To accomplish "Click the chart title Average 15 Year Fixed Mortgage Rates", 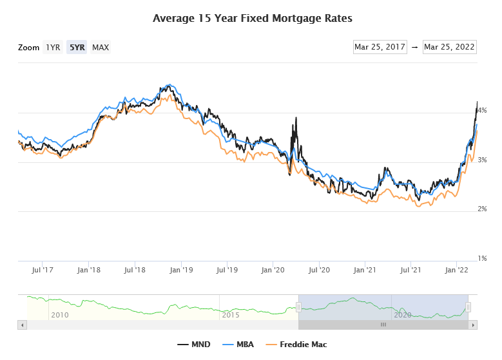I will click(252, 18).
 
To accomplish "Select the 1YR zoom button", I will click(53, 48).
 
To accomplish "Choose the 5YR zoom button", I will click(77, 48).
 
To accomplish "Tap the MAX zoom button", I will click(101, 48).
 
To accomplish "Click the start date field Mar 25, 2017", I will click(380, 47).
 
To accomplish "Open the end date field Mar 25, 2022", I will click(449, 47).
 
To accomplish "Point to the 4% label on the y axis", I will click(481, 110).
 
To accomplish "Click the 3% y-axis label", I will click(481, 160).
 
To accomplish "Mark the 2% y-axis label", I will click(481, 209).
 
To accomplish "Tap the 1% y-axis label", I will click(481, 258).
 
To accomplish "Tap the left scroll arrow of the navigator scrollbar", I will click(22, 325).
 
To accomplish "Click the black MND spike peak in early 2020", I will click(296, 118).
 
